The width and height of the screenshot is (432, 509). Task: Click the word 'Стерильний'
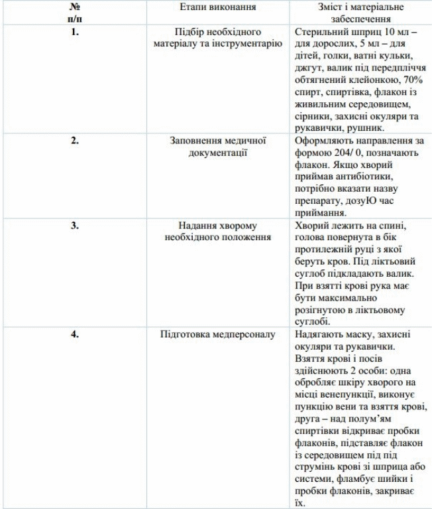pos(318,31)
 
